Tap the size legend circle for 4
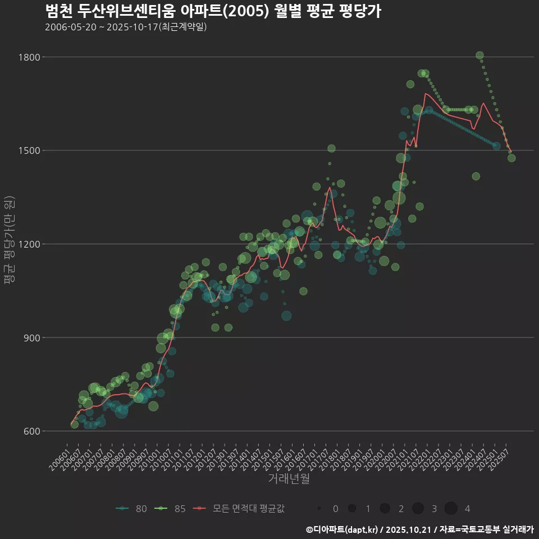coord(451,509)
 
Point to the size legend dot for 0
coord(319,509)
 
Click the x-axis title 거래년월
coord(289,478)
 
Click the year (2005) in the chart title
coord(246,11)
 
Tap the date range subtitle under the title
coord(126,27)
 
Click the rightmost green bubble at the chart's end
coord(511,158)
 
